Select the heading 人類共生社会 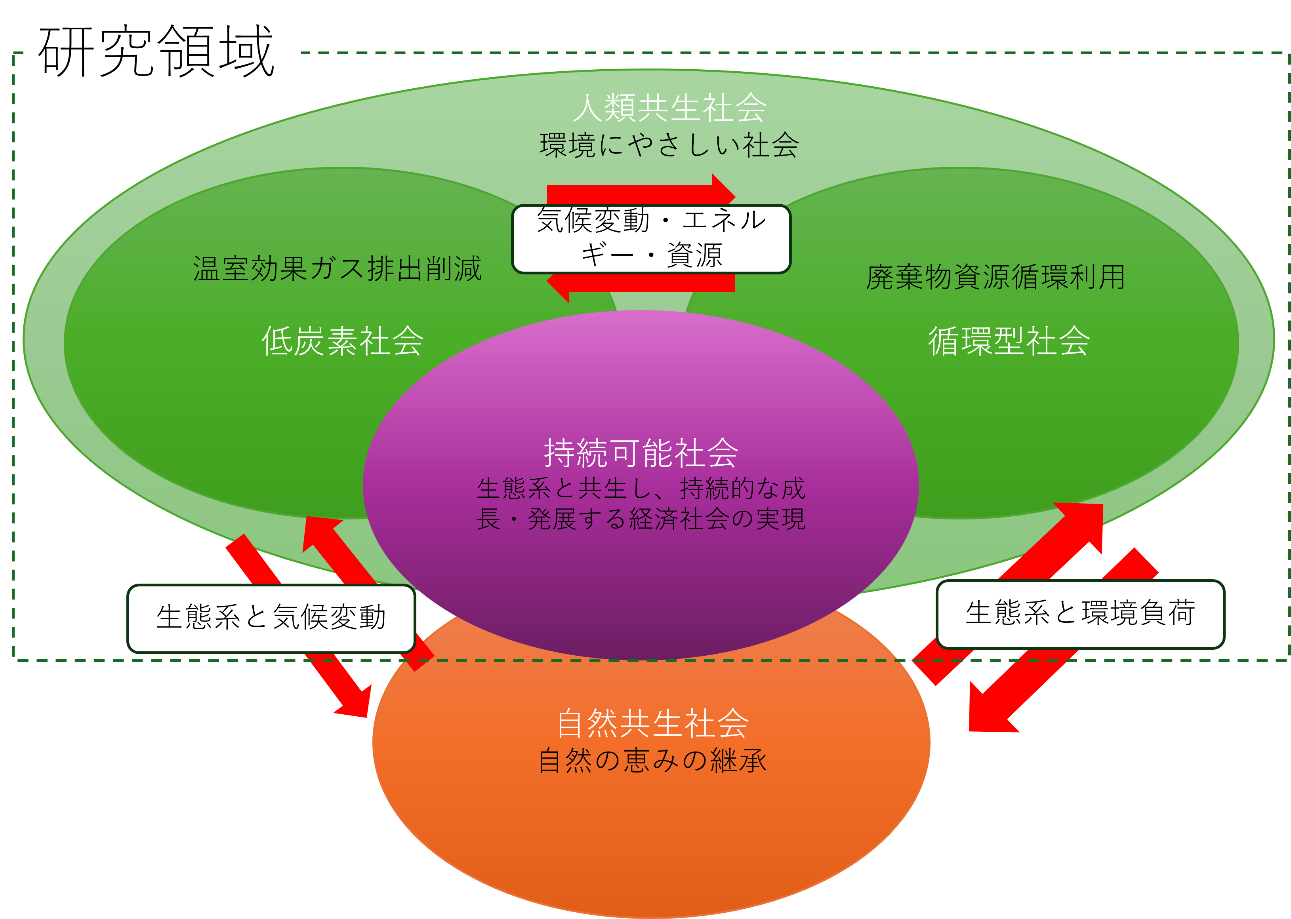pos(669,108)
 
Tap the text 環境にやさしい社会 pos(669,145)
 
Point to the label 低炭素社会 pos(342,341)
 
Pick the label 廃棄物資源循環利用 pos(995,277)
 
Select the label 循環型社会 pos(1009,341)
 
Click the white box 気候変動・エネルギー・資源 pos(651,239)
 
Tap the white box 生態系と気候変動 pos(271,617)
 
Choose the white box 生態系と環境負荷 pos(1080,613)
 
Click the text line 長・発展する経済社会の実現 pos(641,519)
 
